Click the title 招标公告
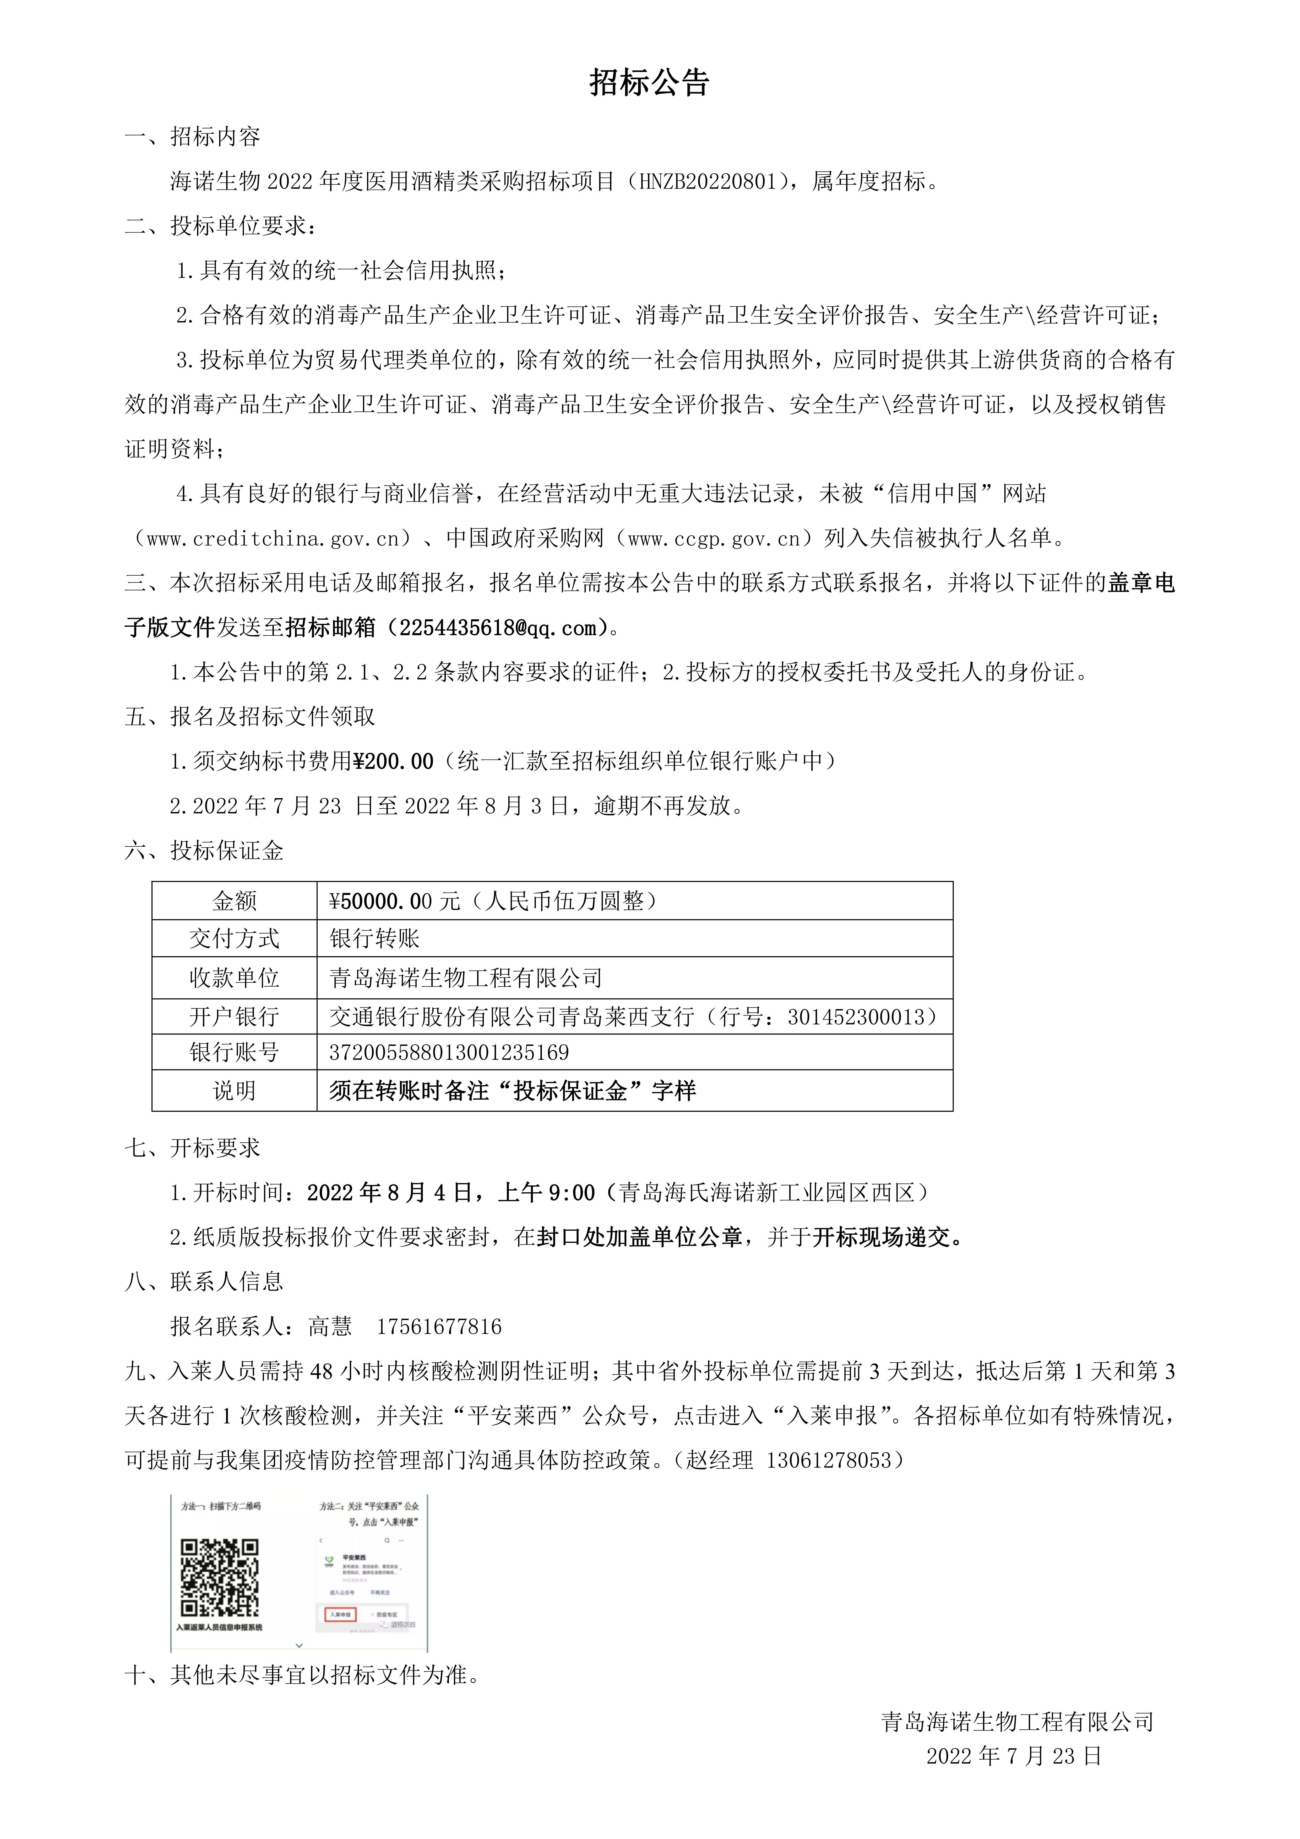point(650,83)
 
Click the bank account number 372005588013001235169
point(449,1052)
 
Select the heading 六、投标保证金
point(204,851)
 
